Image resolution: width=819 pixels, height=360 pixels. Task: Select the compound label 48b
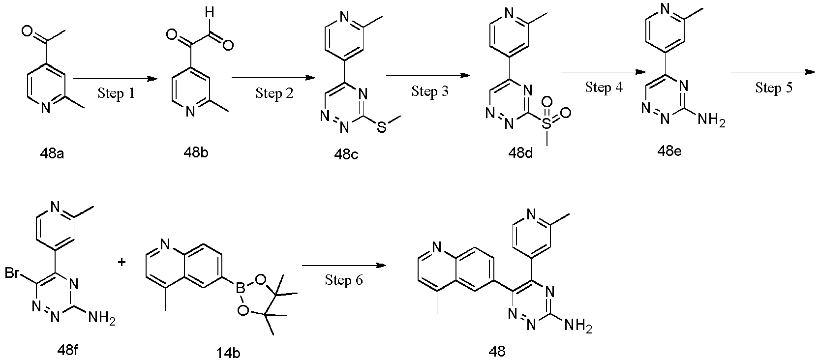pyautogui.click(x=196, y=152)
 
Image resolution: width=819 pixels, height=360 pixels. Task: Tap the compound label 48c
pyautogui.click(x=346, y=154)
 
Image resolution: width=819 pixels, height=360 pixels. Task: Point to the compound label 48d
pyautogui.click(x=520, y=153)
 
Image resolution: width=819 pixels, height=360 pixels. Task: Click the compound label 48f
pyautogui.click(x=68, y=351)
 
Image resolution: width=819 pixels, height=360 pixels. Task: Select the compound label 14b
pyautogui.click(x=228, y=353)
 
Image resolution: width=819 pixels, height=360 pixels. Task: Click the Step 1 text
pyautogui.click(x=116, y=93)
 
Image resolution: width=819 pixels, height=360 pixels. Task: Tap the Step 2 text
pyautogui.click(x=274, y=93)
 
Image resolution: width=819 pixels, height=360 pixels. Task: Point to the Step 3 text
pyautogui.click(x=429, y=91)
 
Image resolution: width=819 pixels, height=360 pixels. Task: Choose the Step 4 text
pyautogui.click(x=604, y=88)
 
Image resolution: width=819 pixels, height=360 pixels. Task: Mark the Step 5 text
pyautogui.click(x=774, y=88)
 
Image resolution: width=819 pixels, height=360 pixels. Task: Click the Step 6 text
pyautogui.click(x=344, y=280)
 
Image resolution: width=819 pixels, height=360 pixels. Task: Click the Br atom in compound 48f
pyautogui.click(x=12, y=272)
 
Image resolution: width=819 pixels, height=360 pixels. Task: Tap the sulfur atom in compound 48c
pyautogui.click(x=381, y=127)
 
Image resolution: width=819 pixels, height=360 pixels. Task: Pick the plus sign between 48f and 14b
pyautogui.click(x=122, y=262)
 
